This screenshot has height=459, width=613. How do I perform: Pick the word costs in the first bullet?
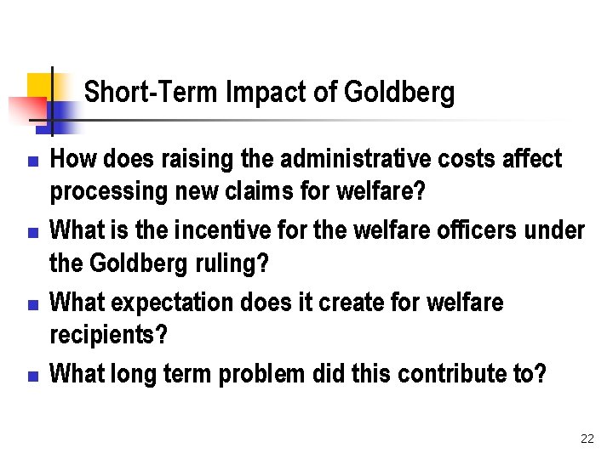coord(482,159)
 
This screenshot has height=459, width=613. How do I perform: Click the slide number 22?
coord(587,439)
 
